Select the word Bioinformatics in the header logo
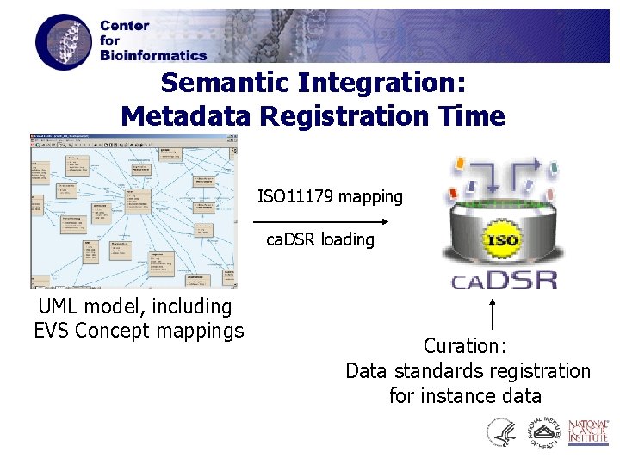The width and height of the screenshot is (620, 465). point(153,55)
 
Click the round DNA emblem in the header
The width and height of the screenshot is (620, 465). point(62,41)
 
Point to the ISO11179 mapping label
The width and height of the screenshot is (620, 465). point(330,196)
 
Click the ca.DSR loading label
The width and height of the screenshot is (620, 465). point(320,239)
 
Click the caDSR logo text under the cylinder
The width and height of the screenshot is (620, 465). point(504,279)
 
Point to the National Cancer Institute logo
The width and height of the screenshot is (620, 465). point(590,432)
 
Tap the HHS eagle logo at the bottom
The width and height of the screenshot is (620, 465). point(501,432)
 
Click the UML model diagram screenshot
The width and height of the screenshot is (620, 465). point(133,211)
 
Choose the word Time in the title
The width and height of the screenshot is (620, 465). point(472,115)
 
